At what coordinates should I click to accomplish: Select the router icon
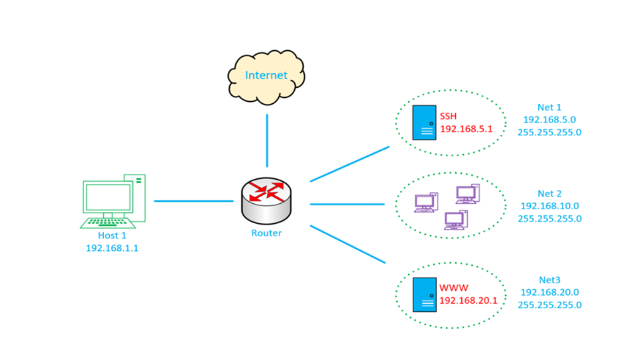pos(266,201)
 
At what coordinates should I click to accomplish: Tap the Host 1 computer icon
pos(113,201)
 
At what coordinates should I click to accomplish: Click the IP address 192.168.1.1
pos(112,248)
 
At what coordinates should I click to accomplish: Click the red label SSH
pos(448,117)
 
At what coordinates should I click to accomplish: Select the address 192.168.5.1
pos(466,129)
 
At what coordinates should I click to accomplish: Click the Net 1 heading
pos(549,108)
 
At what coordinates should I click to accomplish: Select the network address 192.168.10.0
pos(549,206)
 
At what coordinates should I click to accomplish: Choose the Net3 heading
pos(549,280)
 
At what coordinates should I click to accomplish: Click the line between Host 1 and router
pos(194,201)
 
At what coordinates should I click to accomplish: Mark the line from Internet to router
pos(267,140)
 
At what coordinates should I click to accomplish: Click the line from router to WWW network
pos(348,244)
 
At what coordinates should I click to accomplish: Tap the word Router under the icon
pos(266,233)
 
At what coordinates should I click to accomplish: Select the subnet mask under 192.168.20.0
pos(549,305)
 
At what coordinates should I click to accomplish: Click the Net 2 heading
pos(549,194)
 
